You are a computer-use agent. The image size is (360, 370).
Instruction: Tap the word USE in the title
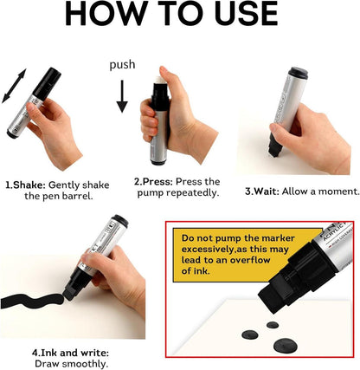pos(246,14)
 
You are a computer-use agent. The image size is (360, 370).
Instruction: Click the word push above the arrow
pos(122,65)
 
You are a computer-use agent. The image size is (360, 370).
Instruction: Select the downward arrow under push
pos(122,96)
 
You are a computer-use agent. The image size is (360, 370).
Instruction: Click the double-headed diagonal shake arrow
pos(14,86)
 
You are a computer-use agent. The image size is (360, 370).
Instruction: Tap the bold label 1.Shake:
pos(26,185)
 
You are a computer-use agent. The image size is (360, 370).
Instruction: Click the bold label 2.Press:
pos(153,182)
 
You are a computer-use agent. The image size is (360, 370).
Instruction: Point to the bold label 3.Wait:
pos(262,191)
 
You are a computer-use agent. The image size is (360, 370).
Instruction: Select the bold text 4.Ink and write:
pos(70,353)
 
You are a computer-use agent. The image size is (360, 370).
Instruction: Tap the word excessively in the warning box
pos(206,249)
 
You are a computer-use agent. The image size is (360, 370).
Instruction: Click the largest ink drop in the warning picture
pos(285,345)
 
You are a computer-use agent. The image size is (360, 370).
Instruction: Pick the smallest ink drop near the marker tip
pos(273,325)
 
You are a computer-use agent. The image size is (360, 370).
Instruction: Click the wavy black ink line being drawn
pos(32,301)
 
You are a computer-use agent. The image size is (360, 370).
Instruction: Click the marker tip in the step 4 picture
pos(68,294)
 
